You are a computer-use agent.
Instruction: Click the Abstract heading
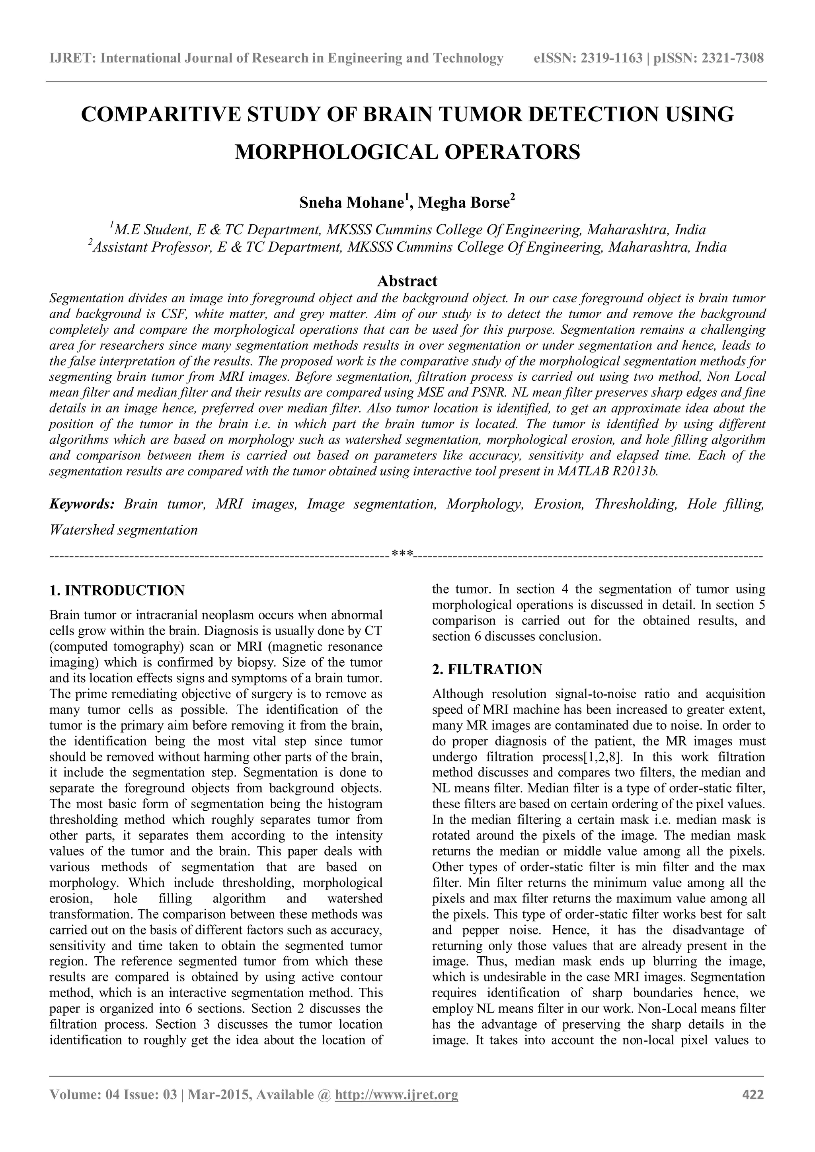(x=407, y=280)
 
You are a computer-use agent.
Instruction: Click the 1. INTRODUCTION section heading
(x=117, y=591)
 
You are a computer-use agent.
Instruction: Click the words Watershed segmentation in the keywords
(x=123, y=530)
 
